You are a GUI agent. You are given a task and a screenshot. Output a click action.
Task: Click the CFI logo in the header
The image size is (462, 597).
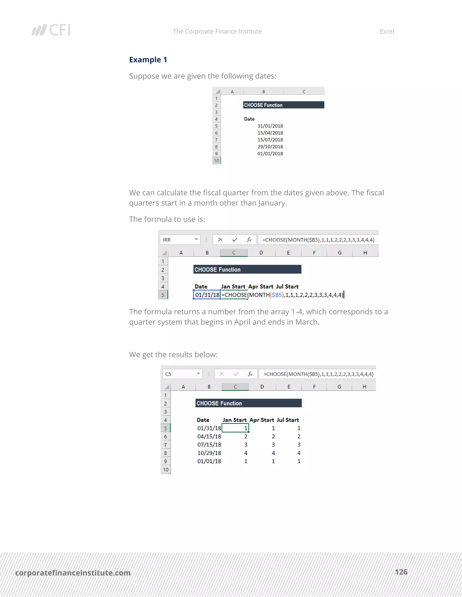click(x=51, y=30)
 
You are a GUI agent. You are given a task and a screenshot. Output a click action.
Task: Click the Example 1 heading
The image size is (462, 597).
click(x=148, y=60)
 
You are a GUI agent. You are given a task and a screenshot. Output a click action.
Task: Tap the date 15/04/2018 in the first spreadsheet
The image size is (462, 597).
click(x=270, y=133)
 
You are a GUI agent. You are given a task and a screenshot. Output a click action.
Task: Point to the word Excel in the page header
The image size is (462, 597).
click(x=386, y=32)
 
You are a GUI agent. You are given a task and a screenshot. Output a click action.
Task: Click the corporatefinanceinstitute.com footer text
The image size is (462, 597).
click(x=73, y=573)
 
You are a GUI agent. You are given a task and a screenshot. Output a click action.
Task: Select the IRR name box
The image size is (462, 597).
click(x=180, y=240)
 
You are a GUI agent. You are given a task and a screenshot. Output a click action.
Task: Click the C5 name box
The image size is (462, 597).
click(x=182, y=374)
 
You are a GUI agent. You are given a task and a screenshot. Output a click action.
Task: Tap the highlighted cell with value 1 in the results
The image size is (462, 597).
click(x=235, y=428)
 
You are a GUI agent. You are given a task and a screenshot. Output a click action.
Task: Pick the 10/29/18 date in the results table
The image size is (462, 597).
click(x=209, y=453)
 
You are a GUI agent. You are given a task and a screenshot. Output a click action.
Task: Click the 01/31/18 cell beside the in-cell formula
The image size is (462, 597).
click(x=207, y=295)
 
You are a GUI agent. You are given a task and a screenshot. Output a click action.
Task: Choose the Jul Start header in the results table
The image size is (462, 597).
click(x=288, y=420)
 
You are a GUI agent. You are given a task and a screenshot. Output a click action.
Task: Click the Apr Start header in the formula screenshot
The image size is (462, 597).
click(x=261, y=287)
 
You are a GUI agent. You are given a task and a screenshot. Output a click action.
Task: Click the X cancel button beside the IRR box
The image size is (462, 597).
click(x=220, y=240)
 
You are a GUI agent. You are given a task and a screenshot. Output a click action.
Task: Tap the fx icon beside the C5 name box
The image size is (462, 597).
click(x=250, y=374)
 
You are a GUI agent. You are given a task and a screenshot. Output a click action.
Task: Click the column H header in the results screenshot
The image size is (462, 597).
click(x=364, y=387)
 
